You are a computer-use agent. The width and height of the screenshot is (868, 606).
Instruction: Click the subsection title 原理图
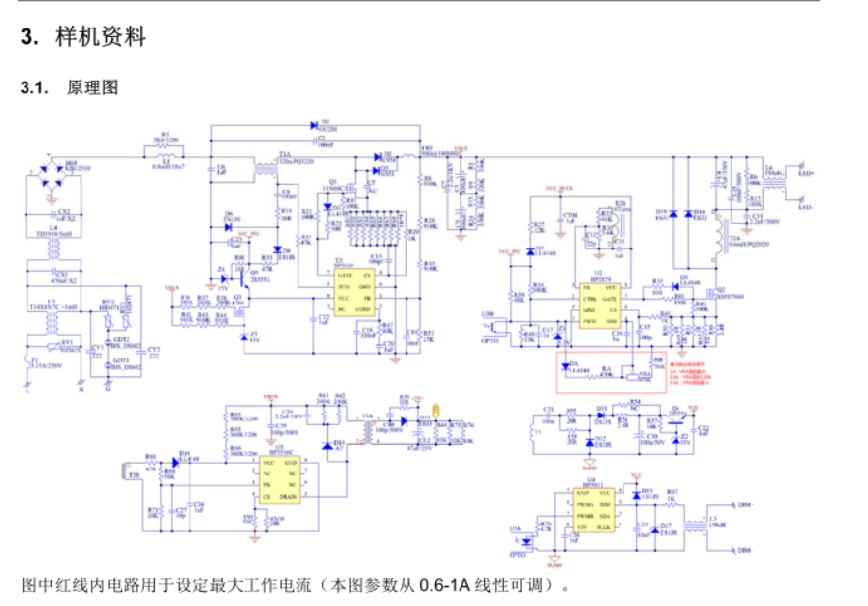coord(92,87)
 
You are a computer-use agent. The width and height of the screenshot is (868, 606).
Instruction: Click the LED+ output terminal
coord(806,173)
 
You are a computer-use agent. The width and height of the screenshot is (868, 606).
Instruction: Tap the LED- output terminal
coord(806,207)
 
